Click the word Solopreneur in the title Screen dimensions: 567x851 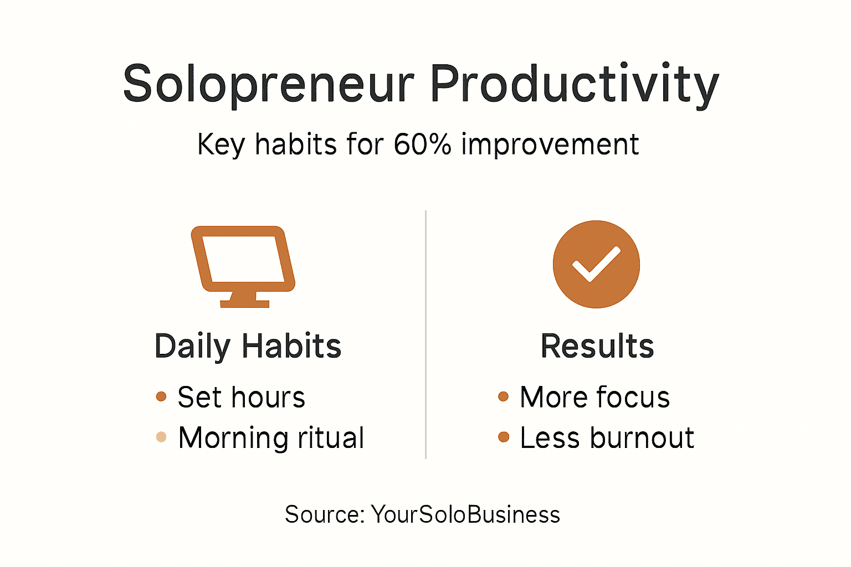(268, 84)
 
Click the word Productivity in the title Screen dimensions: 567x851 (574, 84)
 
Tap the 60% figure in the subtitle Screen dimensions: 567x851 (422, 145)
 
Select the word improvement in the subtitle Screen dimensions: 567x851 (550, 145)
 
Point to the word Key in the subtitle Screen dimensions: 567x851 (221, 145)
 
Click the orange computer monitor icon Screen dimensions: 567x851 (243, 260)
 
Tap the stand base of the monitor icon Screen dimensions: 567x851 (244, 303)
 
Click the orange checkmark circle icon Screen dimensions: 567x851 (596, 264)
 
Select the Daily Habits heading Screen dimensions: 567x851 (248, 347)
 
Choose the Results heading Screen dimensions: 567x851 (597, 347)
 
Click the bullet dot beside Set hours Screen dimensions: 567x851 (161, 396)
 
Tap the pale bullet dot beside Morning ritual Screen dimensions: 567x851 (161, 437)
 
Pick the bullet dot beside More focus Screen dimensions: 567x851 (503, 396)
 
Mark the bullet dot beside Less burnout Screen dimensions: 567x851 (503, 437)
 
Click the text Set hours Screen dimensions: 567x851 (241, 398)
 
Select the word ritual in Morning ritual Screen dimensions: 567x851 (331, 438)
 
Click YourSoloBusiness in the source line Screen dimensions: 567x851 (465, 514)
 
